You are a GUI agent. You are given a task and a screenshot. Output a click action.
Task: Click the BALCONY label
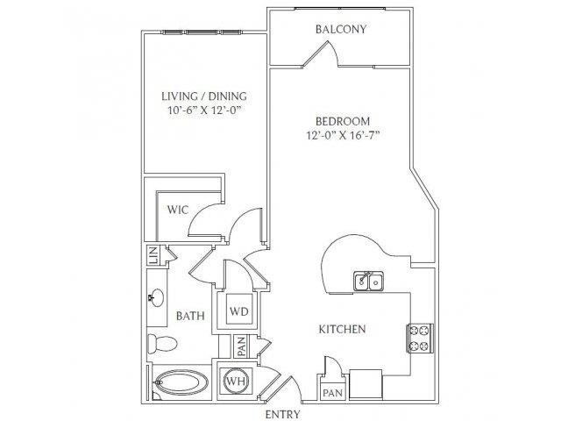click(x=341, y=29)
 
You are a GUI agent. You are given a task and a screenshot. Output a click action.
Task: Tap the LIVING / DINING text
click(x=204, y=96)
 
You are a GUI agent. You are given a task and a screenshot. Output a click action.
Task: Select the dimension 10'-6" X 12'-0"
click(x=203, y=111)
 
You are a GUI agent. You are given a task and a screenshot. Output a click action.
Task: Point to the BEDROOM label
click(x=343, y=121)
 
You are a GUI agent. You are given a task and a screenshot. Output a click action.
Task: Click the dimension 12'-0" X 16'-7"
click(x=343, y=135)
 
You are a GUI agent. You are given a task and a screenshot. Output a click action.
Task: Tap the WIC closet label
click(x=177, y=210)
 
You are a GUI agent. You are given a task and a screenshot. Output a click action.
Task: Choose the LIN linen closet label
click(x=153, y=255)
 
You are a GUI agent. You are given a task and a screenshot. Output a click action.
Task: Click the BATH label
click(x=190, y=316)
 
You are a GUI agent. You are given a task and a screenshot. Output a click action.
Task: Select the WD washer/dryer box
click(x=239, y=310)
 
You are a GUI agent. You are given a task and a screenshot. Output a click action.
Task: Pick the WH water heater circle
click(x=237, y=381)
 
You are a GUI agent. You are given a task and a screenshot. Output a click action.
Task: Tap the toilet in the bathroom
click(x=163, y=344)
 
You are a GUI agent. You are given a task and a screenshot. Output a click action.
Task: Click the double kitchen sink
click(x=369, y=281)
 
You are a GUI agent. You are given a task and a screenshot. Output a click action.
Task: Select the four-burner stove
click(x=420, y=338)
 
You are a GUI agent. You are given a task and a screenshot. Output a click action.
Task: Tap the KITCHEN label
click(x=343, y=329)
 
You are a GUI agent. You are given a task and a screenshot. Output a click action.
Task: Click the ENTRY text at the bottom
click(x=282, y=414)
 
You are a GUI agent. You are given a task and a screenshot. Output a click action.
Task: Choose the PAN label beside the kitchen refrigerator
click(x=333, y=393)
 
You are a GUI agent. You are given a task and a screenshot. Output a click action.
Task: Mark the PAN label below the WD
click(x=242, y=346)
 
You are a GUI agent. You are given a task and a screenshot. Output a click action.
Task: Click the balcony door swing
click(x=321, y=54)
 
